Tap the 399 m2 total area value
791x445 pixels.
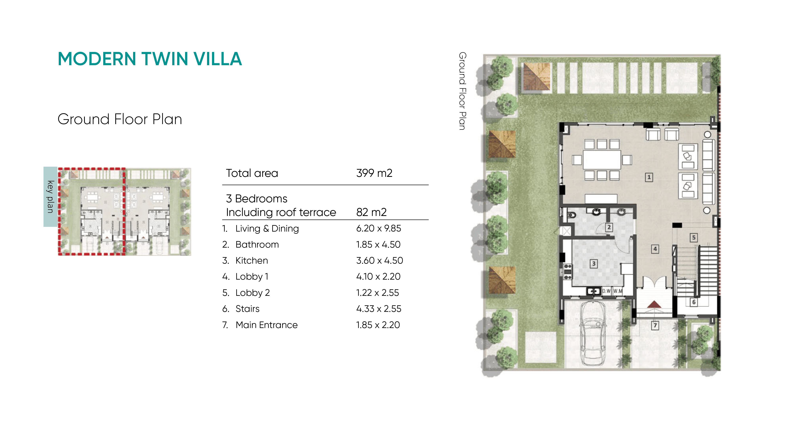[374, 173]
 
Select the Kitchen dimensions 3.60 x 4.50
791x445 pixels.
[379, 261]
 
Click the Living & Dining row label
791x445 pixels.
[267, 229]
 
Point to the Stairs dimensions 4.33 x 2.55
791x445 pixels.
[379, 309]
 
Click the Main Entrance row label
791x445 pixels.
[267, 325]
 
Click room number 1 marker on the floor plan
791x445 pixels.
[649, 177]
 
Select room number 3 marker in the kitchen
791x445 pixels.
[594, 263]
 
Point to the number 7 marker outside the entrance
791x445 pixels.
[655, 325]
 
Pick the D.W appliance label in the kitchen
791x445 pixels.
[606, 291]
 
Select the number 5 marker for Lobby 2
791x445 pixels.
[694, 238]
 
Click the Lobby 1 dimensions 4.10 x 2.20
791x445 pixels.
[378, 276]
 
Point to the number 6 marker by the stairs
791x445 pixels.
[694, 302]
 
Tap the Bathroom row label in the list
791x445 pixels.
[257, 245]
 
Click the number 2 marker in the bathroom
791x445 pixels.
[609, 227]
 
